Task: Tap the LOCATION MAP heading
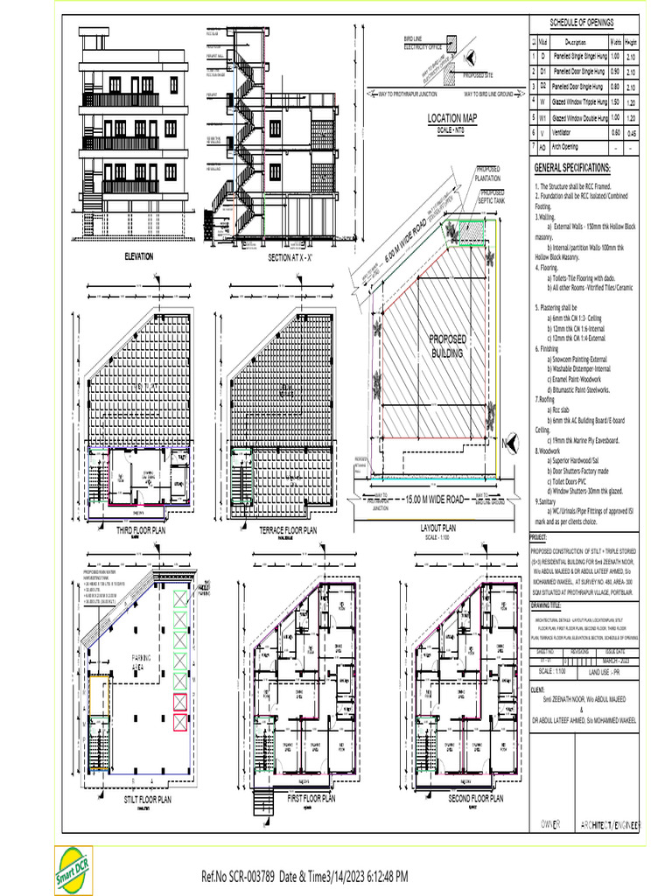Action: [452, 118]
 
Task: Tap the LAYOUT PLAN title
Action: [437, 529]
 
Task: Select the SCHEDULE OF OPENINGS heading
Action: [582, 22]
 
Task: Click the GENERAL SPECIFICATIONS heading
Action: [572, 168]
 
